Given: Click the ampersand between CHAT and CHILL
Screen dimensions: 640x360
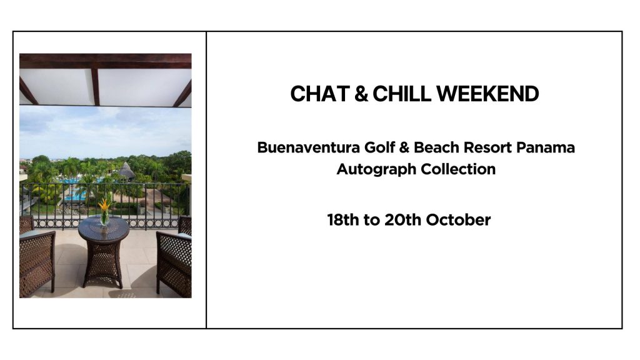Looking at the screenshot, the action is tap(361, 94).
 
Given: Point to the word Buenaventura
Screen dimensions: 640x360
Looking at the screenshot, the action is tap(308, 147).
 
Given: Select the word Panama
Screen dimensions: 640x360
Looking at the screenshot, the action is tap(546, 147).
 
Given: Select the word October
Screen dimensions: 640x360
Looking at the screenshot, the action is tap(458, 220).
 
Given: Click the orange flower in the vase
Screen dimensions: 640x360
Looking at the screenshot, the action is tap(104, 205).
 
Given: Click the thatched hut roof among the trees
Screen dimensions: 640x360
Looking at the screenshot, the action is tap(126, 170).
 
